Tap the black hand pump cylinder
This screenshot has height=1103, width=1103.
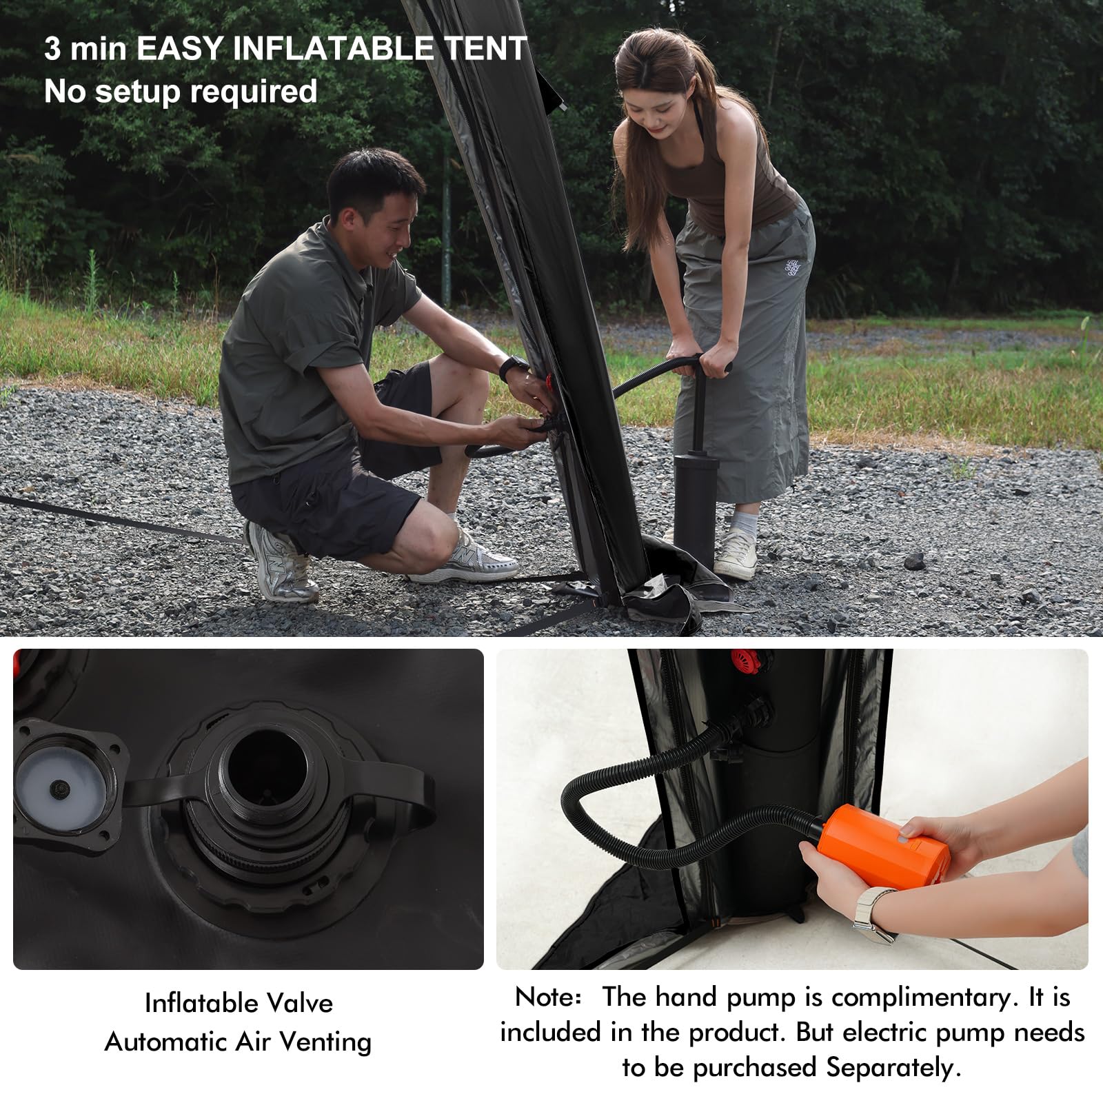click(694, 500)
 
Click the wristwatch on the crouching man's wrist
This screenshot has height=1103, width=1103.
click(512, 366)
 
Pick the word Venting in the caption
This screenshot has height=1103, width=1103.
click(324, 1042)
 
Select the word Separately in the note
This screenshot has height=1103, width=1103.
click(893, 1068)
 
